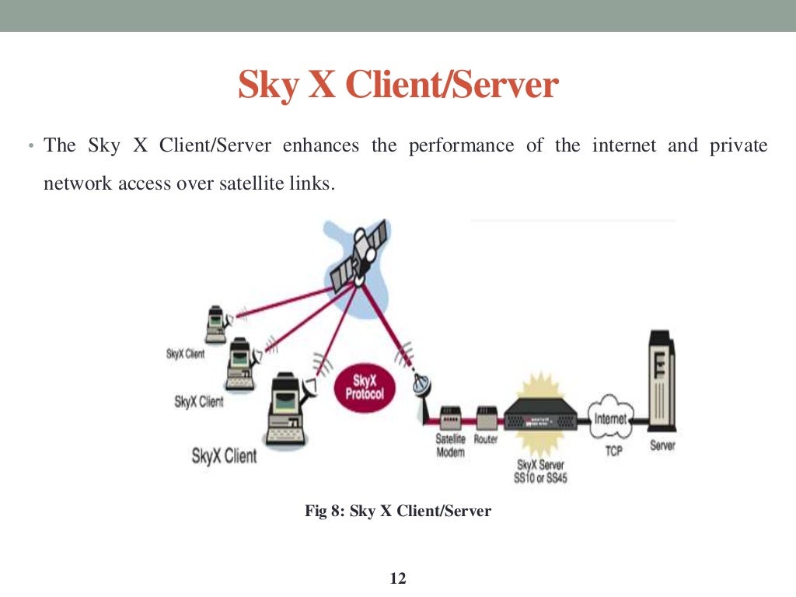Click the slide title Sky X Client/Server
coord(398,86)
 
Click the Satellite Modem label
coord(450,445)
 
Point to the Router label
coord(486,439)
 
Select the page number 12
coord(397,578)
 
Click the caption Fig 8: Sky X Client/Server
coord(397,511)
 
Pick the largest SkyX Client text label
coord(224,456)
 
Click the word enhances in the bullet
coord(321,145)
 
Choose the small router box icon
coord(486,419)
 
